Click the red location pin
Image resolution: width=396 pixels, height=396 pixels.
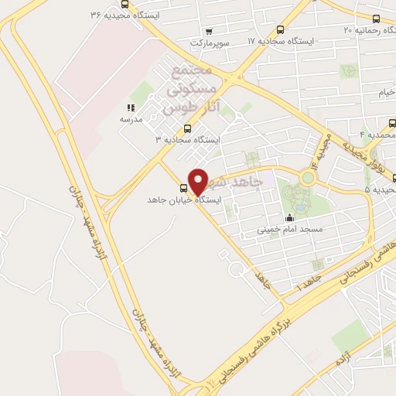(199, 181)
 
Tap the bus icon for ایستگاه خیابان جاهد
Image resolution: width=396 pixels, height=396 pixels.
(184, 188)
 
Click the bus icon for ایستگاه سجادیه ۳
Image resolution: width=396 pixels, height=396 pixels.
(186, 128)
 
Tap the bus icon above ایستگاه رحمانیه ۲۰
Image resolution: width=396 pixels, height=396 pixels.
(376, 19)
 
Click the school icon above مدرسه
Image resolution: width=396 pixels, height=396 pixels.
(130, 109)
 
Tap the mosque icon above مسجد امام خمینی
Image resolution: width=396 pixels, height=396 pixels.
(289, 217)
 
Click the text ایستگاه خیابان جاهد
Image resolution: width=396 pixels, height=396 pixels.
(185, 200)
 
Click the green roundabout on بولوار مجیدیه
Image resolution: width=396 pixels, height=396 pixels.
(309, 178)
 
